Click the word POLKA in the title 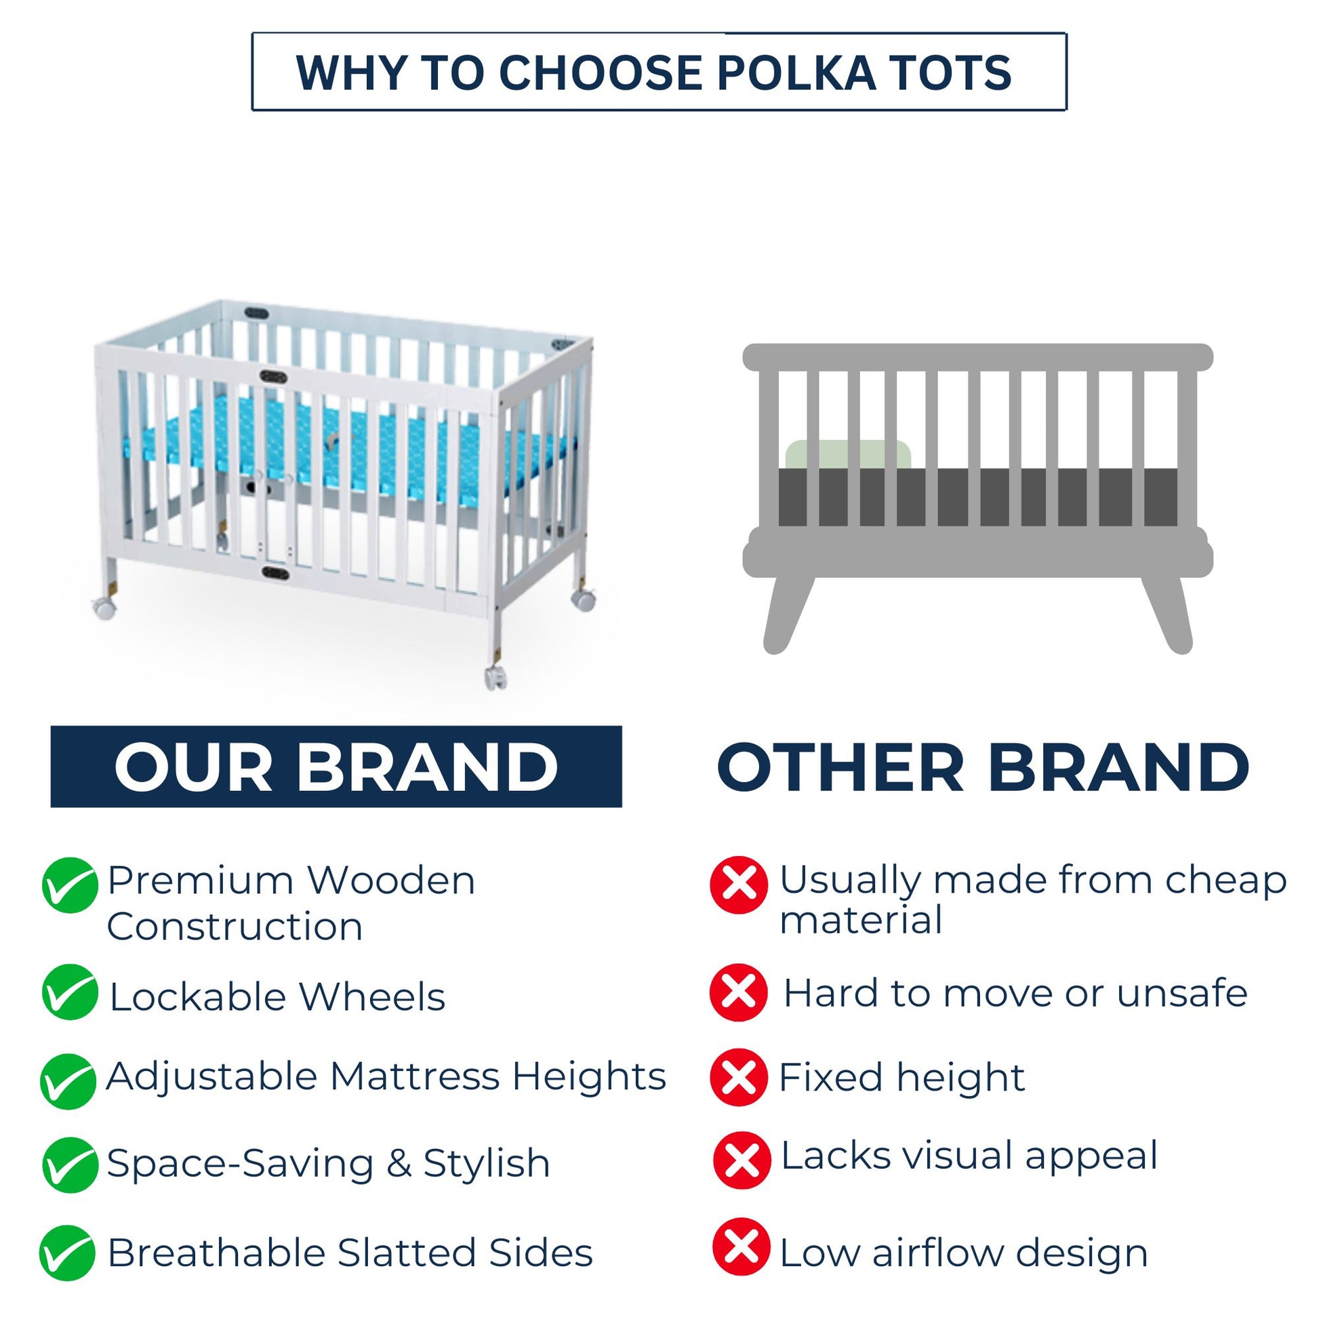click(796, 73)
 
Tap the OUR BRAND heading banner click(336, 766)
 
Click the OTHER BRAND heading click(983, 767)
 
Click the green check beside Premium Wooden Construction click(70, 885)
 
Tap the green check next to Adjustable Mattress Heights click(68, 1081)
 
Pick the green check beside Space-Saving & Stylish click(70, 1164)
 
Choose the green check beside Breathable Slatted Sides click(68, 1253)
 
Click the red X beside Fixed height click(739, 1077)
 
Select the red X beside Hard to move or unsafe click(739, 993)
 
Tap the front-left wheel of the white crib click(104, 607)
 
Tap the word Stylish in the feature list click(487, 1163)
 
